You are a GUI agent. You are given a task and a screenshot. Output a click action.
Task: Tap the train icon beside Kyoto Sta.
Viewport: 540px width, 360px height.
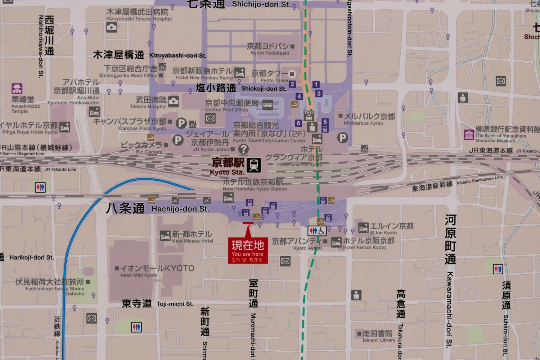[254, 165]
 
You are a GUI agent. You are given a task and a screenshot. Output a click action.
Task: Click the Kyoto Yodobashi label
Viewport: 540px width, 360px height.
[270, 49]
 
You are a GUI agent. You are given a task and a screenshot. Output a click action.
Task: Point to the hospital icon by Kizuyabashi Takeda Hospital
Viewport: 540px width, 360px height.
[112, 27]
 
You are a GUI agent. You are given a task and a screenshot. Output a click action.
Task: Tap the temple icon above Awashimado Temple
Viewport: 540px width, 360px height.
[17, 89]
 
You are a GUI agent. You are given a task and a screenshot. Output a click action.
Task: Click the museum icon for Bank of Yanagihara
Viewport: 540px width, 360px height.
[469, 135]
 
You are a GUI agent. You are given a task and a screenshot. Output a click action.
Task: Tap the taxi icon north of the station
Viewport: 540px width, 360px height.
[309, 115]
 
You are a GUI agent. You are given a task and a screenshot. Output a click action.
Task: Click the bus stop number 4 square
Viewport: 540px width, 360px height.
[299, 96]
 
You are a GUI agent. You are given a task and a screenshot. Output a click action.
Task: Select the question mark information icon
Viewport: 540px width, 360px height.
[243, 149]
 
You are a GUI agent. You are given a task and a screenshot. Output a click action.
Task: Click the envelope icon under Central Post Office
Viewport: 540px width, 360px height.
[210, 118]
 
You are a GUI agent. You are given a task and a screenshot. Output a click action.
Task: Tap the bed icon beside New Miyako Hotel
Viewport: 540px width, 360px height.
[165, 236]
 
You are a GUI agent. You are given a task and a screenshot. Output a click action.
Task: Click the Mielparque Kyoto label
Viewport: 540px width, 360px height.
[369, 119]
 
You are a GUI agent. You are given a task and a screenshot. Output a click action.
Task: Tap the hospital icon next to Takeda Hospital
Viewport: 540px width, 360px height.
[174, 102]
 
